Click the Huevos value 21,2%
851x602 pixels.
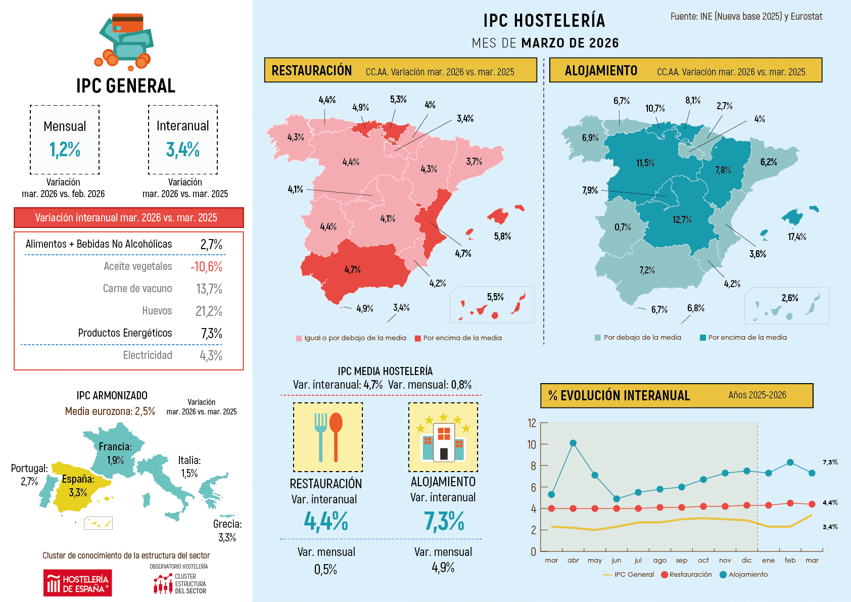(x=209, y=311)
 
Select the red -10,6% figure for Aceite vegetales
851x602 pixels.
(x=206, y=266)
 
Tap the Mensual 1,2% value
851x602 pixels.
(x=65, y=150)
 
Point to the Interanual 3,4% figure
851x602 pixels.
(x=182, y=150)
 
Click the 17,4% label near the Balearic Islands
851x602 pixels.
(x=797, y=237)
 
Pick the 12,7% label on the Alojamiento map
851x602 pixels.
(x=682, y=219)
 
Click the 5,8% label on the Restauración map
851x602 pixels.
(x=502, y=236)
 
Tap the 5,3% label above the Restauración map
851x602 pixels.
(x=398, y=99)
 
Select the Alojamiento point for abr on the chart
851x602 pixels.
(x=573, y=443)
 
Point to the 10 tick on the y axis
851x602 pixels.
(x=532, y=444)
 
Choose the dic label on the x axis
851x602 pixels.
(x=746, y=560)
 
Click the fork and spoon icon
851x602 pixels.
(x=328, y=437)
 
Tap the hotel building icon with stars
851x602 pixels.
(x=443, y=437)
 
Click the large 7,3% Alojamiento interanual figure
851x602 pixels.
(x=444, y=521)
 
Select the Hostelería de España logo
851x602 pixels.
(x=77, y=583)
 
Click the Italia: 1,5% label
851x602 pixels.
(x=190, y=467)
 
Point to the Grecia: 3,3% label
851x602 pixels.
(x=227, y=531)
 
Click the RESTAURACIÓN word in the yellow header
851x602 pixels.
(x=311, y=70)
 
